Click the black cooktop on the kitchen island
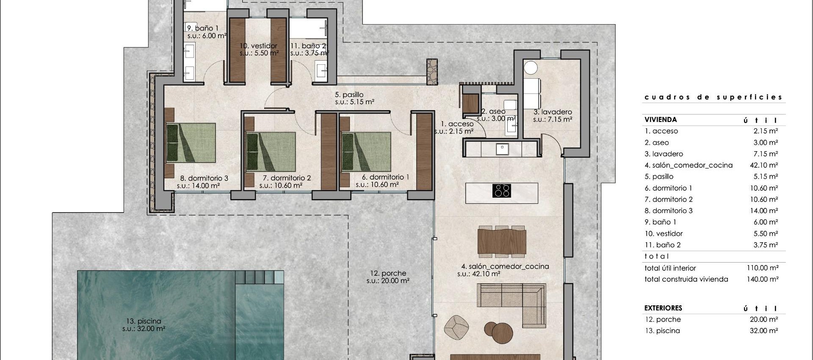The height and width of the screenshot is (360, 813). (x=501, y=191)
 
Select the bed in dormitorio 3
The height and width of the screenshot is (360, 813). (x=191, y=143)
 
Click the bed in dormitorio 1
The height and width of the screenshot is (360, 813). (x=366, y=151)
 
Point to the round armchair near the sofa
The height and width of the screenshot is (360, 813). (x=456, y=327)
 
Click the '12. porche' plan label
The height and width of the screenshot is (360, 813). (x=388, y=274)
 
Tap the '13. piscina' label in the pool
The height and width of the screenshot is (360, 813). (x=144, y=321)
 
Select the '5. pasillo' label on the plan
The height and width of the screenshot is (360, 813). (x=349, y=95)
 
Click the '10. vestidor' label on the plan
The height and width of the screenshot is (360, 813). (x=258, y=46)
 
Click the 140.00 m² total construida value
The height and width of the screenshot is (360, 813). (x=762, y=279)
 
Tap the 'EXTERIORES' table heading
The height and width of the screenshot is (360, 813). (x=663, y=308)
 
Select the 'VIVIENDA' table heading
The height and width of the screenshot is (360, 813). (x=661, y=119)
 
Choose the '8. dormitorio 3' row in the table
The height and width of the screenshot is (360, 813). (x=669, y=210)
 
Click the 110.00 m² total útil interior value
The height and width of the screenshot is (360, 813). (x=762, y=268)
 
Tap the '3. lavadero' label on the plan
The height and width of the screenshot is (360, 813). (x=553, y=112)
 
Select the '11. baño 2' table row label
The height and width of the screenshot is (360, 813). (x=663, y=245)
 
